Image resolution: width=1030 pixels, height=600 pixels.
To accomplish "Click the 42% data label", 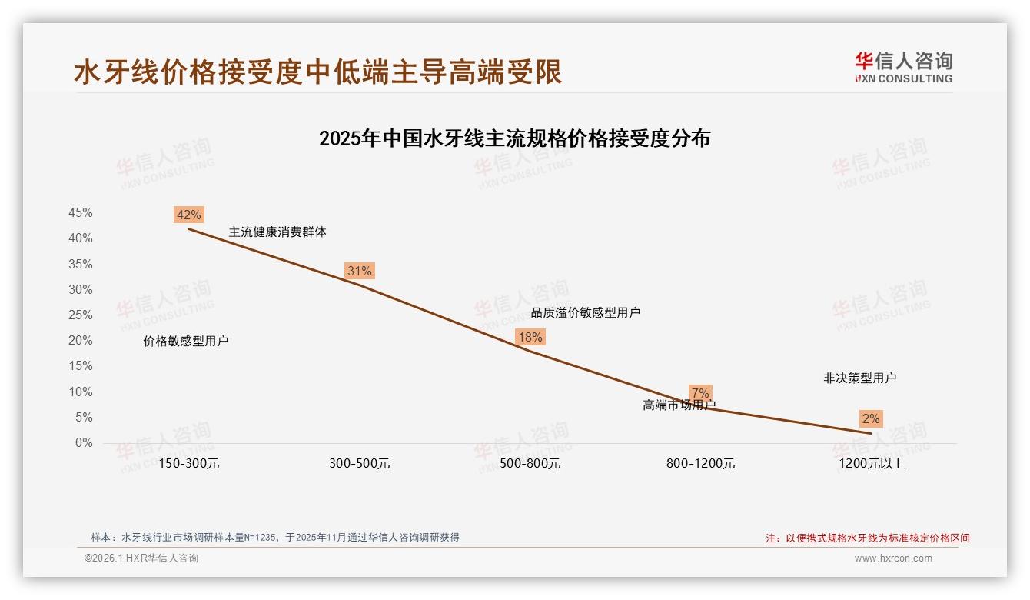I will point(188,215).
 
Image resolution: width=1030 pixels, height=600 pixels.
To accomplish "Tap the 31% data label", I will point(359,271).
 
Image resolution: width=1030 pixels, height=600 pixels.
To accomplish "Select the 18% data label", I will point(530,337).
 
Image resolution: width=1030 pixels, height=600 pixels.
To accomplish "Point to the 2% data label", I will point(871,419).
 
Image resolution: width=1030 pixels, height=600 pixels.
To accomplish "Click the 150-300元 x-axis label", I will point(188,464).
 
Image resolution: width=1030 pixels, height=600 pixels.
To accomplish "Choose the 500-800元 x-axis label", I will point(530,464).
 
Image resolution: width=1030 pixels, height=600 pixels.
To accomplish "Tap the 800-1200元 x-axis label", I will point(700,464).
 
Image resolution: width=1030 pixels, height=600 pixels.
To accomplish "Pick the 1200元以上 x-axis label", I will point(871,464).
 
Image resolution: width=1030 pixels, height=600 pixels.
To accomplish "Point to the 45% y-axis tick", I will point(81,213).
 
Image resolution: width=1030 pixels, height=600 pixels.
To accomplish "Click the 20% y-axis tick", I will point(81,341).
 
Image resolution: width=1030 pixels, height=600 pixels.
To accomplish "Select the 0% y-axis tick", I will point(84,443).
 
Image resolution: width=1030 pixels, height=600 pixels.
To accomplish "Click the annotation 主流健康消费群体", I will point(277,232).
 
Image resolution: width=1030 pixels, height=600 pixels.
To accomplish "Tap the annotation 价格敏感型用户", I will point(186,341).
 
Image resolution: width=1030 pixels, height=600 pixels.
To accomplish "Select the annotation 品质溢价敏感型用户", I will point(586,312).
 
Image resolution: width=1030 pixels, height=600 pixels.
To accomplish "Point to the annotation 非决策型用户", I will point(859,378).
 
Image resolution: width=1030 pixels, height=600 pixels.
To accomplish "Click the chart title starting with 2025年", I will point(514,138).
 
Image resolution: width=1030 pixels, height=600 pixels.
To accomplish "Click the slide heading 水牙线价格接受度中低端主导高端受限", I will point(318,72).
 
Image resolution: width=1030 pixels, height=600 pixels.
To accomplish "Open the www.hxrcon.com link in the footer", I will point(893,558).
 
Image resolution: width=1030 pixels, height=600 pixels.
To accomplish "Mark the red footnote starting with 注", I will point(868,538).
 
